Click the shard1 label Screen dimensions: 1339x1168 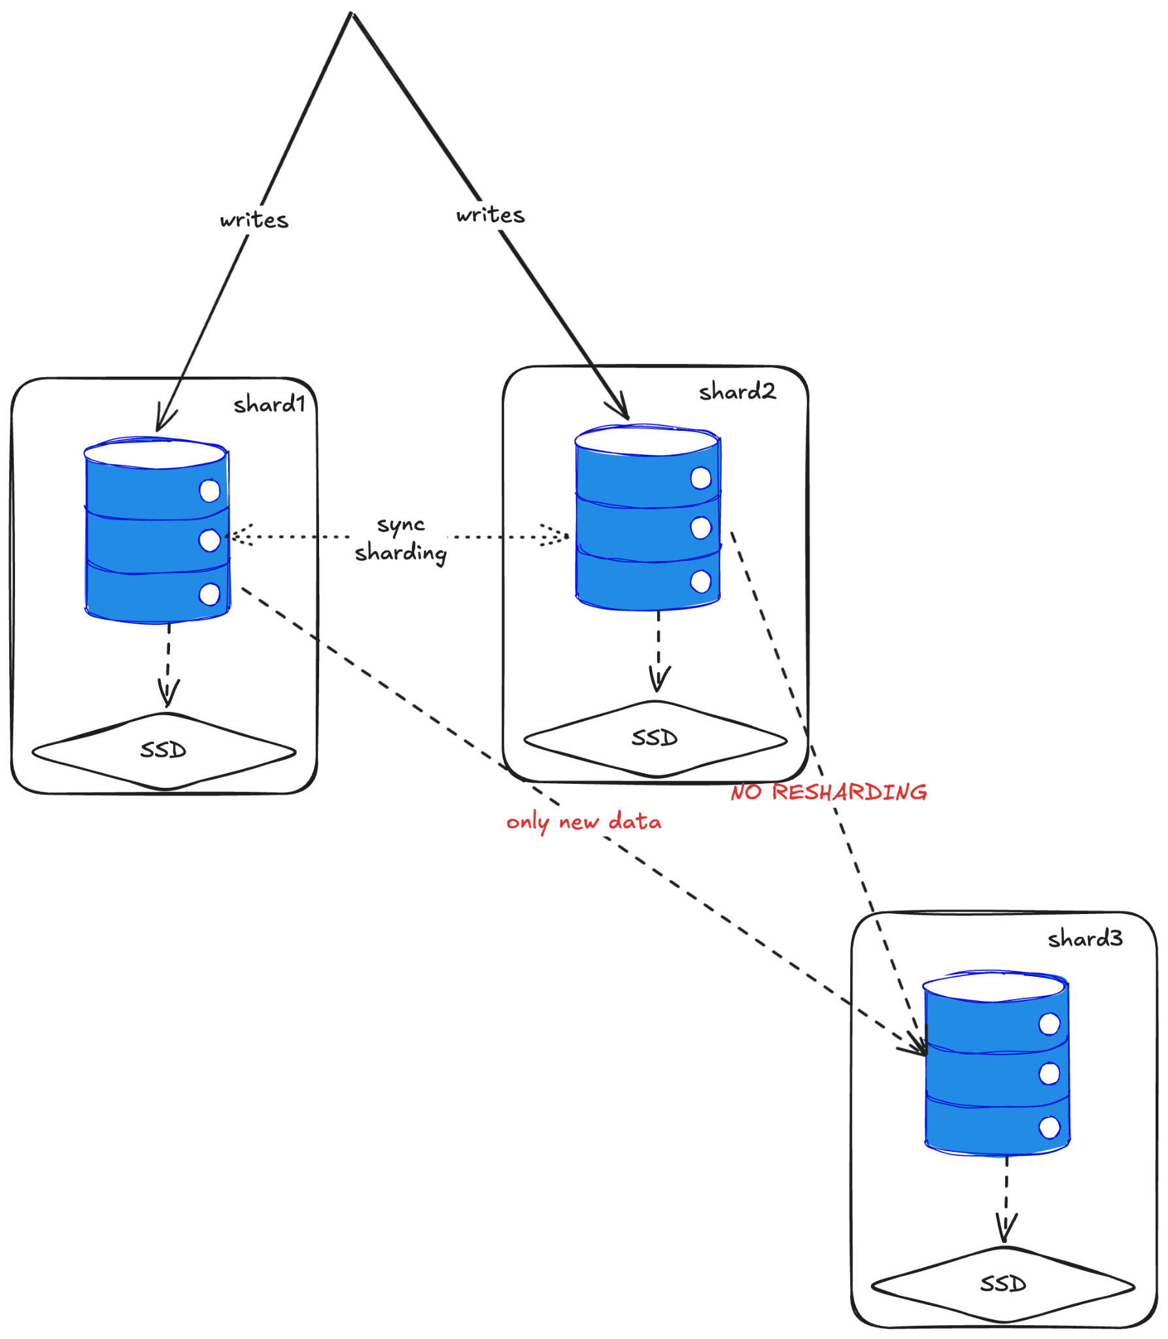click(269, 404)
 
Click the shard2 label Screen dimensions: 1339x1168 click(736, 392)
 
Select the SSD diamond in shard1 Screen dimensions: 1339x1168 click(163, 751)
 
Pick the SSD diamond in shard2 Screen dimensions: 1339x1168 click(655, 738)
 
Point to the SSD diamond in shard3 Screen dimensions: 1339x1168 click(1003, 1284)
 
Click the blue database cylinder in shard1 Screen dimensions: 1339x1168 click(157, 531)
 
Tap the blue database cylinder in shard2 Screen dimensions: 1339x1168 click(647, 518)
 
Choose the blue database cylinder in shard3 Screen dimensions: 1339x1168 click(996, 1064)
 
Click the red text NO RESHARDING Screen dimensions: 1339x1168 click(828, 792)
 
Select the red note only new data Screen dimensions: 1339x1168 click(583, 822)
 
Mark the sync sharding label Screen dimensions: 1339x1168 click(401, 539)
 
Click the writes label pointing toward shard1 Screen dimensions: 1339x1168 click(254, 220)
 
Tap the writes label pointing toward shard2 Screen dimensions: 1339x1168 click(490, 215)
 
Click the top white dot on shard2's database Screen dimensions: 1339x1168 click(700, 478)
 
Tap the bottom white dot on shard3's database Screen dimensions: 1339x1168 click(1049, 1127)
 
